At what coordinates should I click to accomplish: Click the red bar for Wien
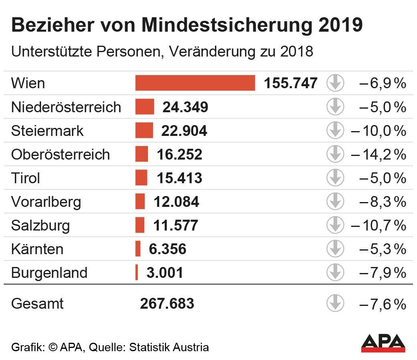point(195,83)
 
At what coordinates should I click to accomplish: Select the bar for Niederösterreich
point(144,107)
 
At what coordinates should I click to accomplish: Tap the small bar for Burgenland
point(137,273)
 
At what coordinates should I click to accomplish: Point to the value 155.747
point(291,83)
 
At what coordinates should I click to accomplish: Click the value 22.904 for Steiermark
point(184,131)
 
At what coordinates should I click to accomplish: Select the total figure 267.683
point(167,303)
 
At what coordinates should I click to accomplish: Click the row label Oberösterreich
point(61,154)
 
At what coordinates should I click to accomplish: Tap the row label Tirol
point(26,178)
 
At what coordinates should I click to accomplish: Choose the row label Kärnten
point(37,249)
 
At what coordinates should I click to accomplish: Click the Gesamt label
point(37,303)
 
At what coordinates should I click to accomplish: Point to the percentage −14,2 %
point(379,154)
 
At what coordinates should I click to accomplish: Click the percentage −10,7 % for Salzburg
point(379,225)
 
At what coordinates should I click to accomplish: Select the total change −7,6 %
point(383,304)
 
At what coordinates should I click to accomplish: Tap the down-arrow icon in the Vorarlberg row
point(335,202)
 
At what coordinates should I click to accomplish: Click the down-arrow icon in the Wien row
point(335,83)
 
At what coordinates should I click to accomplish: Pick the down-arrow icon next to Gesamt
point(335,303)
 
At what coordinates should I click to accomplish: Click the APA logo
point(383,343)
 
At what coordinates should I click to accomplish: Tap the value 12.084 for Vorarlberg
point(176,202)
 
